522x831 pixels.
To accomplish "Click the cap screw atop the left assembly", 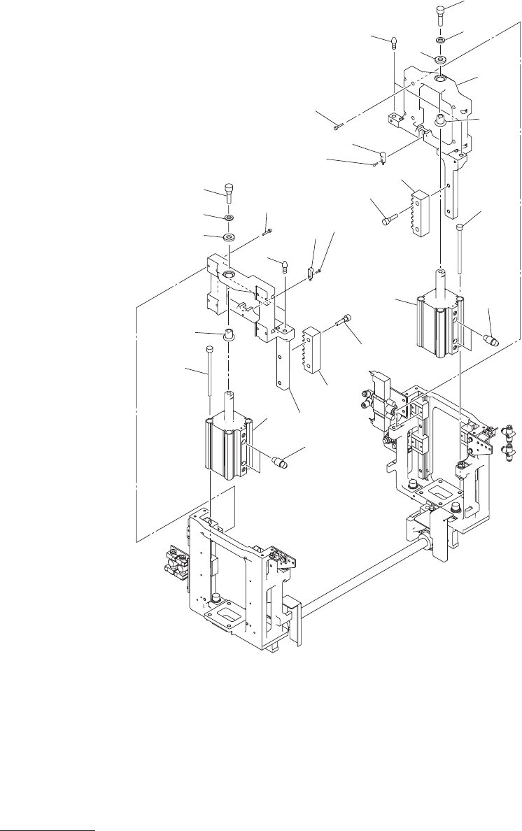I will [x=230, y=191].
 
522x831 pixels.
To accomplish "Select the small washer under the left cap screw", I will [x=229, y=218].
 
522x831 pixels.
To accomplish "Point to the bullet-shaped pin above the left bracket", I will [x=285, y=266].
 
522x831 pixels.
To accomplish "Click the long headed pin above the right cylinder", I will [x=460, y=248].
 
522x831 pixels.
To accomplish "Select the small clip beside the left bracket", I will [x=310, y=271].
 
